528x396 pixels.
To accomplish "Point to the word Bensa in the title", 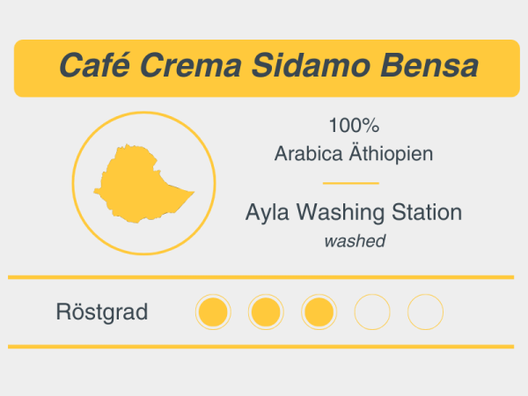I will [x=429, y=66].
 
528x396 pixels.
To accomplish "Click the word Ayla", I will [x=268, y=212].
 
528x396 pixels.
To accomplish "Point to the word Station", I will [x=427, y=212].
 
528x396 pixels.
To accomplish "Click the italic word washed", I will [x=354, y=240].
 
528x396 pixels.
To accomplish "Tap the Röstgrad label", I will [x=101, y=312].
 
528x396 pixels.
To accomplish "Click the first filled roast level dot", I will [x=212, y=312].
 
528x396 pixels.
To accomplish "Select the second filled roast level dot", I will [x=266, y=312].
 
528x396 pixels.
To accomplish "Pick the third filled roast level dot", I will [x=319, y=312].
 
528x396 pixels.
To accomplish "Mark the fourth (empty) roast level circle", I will [x=372, y=312].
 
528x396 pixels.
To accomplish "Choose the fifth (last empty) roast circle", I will [x=426, y=312].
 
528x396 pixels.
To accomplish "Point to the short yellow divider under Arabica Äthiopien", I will [x=351, y=183].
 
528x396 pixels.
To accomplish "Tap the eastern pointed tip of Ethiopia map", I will [x=192, y=191].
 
